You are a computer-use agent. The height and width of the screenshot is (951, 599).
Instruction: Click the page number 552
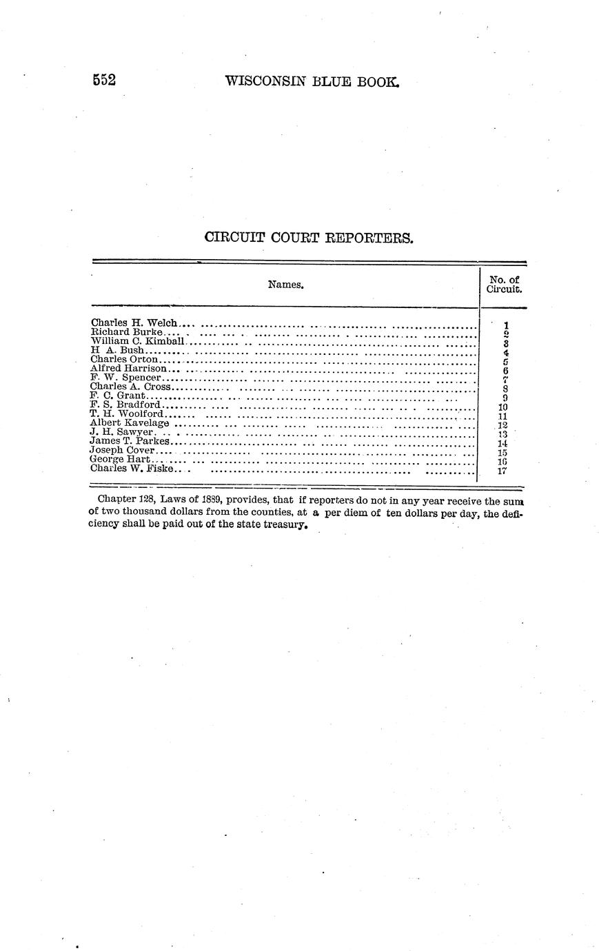coord(104,80)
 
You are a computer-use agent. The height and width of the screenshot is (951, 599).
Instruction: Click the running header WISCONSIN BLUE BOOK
coord(312,81)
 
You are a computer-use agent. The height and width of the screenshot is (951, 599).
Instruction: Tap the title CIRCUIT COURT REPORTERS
coord(309,238)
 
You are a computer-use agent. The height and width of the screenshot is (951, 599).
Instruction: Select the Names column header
coord(285,284)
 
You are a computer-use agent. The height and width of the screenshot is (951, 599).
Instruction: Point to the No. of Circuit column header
coord(503,285)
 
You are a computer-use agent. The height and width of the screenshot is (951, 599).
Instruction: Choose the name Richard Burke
coord(126,332)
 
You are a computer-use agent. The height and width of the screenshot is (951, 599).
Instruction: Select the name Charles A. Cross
coord(130,387)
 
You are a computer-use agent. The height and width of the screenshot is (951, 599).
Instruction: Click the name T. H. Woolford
coord(127,414)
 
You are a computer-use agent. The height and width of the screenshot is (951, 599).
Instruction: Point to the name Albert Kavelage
coord(130,423)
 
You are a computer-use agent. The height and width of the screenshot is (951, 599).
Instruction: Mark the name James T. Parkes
coord(130,441)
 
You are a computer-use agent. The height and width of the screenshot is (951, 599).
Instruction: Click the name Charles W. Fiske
coord(131,469)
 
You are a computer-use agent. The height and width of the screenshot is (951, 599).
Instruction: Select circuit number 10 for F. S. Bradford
coord(502,407)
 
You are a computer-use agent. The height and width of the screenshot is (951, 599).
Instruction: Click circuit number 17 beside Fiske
coord(502,471)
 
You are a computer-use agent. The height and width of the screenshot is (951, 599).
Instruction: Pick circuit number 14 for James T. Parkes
coord(502,444)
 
